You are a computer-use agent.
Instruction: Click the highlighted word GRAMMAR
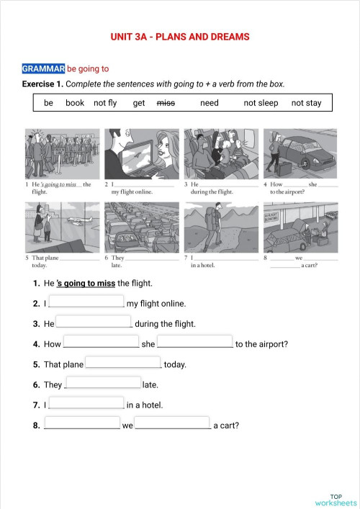coord(44,69)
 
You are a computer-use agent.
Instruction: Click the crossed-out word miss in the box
coord(166,103)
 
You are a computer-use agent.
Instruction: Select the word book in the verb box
coord(75,103)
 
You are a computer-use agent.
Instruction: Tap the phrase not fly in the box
coord(105,103)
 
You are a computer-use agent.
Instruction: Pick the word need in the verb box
coord(210,103)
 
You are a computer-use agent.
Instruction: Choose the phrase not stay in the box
coord(306,103)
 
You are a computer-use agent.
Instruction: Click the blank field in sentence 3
coord(94,323)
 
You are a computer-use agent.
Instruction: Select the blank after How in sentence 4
coord(101,343)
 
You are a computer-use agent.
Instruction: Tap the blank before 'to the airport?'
coord(195,343)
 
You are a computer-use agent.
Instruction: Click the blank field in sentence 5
coord(123,363)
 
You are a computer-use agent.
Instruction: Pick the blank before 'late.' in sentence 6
coord(103,384)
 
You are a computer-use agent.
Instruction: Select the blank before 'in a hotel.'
coord(86,404)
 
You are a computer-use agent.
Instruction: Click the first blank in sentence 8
coord(82,424)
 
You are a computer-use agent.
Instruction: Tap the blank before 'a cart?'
coord(173,424)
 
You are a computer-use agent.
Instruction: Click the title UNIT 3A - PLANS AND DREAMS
coord(180,37)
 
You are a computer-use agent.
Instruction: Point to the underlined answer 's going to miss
coord(86,283)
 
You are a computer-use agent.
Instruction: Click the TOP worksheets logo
coord(336,499)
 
